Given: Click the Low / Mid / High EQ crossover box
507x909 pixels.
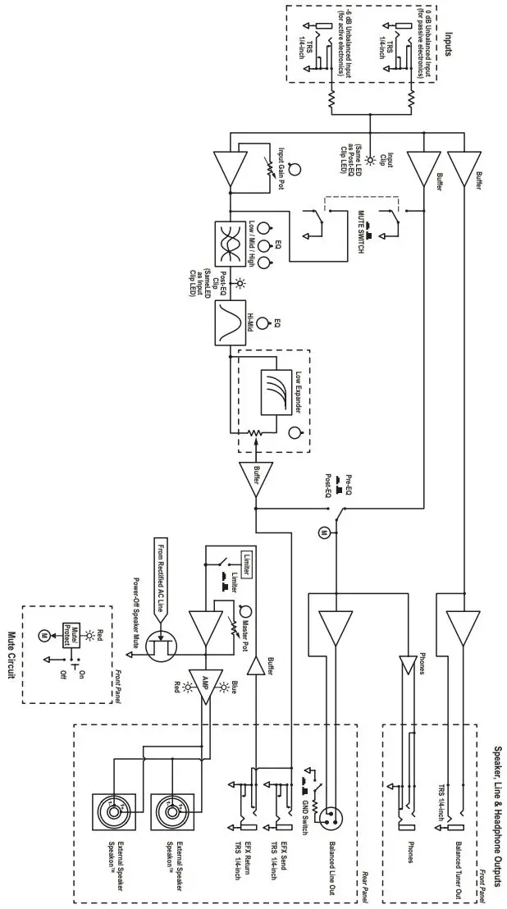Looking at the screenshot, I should coord(227,244).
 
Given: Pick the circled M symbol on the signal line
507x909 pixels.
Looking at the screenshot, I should coord(323,533).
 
